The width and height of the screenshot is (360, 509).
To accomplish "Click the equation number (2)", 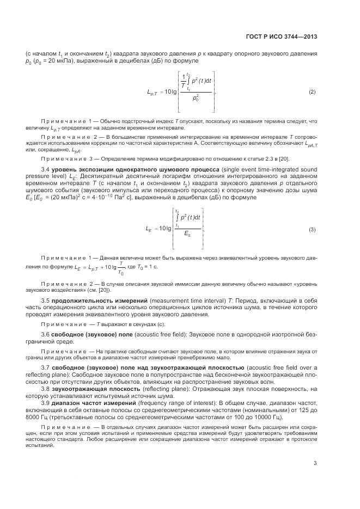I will [312, 91].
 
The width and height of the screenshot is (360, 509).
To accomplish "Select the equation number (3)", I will [312, 230].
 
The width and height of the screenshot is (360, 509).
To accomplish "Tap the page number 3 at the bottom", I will [315, 464].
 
